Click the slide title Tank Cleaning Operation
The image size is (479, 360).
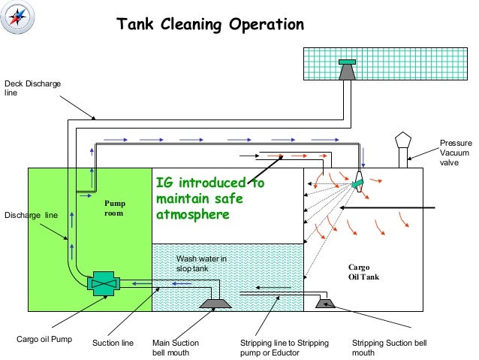[209, 25]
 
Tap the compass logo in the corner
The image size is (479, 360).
[17, 17]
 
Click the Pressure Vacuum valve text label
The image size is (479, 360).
[456, 153]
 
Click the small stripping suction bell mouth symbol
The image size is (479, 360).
[327, 302]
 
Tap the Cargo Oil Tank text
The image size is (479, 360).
[363, 271]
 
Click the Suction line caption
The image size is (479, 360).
[113, 343]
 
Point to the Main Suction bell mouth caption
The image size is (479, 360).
[176, 346]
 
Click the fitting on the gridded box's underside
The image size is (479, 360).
[348, 71]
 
